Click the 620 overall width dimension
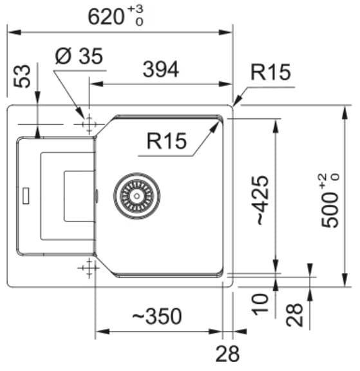pos(106,17)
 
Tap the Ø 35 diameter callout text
pos(79,56)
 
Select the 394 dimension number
pos(161,70)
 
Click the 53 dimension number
pos(22,76)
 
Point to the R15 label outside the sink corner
pos(270,72)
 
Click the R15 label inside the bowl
pos(167,141)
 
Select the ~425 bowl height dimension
pos(263,200)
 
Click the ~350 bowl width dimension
pos(157,316)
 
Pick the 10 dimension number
pos(260,304)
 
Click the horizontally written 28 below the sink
pos(227,354)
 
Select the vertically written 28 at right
pos(294,315)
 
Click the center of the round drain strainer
pos(137,196)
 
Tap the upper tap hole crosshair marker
pos(89,124)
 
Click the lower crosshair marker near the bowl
pos(89,268)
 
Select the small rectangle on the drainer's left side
pos(26,196)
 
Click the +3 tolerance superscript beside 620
pos(135,9)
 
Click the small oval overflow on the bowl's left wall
pos(97,196)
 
